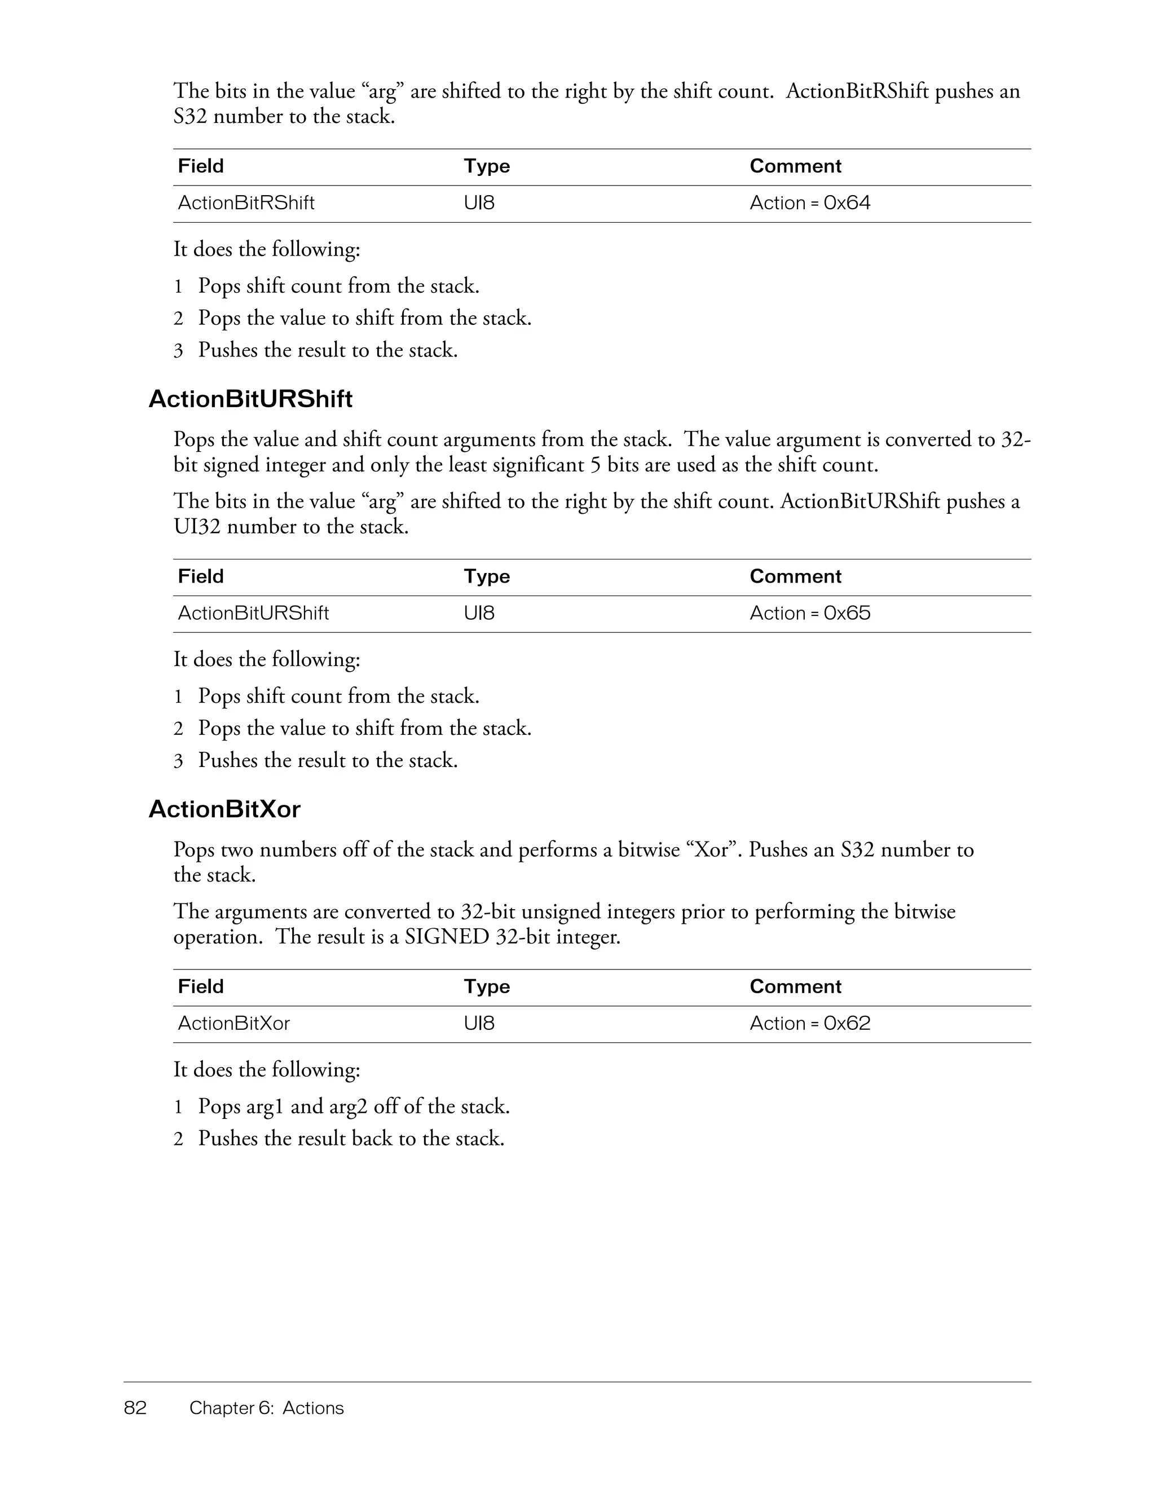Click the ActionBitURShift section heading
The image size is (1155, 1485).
[250, 399]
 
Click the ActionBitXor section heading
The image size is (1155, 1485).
[224, 809]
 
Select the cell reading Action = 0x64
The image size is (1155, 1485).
[810, 202]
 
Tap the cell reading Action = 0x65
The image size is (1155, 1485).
[810, 613]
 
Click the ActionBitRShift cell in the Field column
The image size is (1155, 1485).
[246, 202]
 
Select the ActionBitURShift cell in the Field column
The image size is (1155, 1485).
[253, 613]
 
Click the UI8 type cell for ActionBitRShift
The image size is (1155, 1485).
[479, 202]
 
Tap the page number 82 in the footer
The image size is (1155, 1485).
[135, 1408]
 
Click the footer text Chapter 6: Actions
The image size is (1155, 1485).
[267, 1408]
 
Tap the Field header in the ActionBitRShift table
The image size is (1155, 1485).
[201, 166]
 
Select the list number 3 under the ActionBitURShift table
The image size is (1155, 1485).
[178, 761]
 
